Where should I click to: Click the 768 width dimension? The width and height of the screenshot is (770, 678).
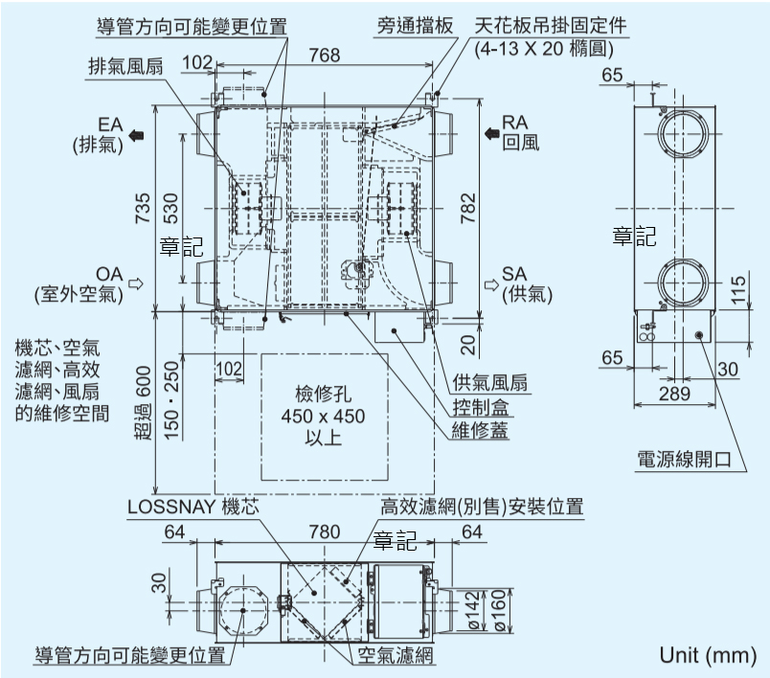click(x=326, y=56)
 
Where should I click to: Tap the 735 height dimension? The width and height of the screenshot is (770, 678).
click(x=142, y=207)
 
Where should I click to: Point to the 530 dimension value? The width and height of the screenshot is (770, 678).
click(x=170, y=207)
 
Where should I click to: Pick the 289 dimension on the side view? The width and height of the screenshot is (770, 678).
click(x=674, y=393)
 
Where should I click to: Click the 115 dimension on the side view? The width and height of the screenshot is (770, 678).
click(x=736, y=290)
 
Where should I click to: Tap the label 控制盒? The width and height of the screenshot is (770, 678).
click(x=481, y=407)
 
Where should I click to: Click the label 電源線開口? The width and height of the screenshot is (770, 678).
click(x=684, y=460)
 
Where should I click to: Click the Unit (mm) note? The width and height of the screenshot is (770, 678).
click(x=707, y=655)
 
